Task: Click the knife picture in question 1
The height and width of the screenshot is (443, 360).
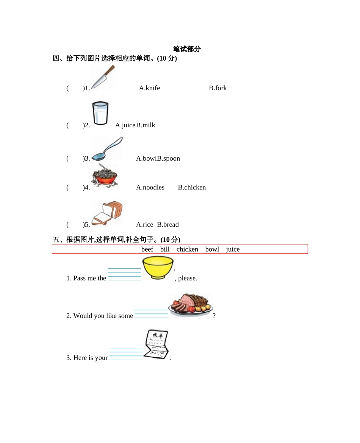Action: point(103,78)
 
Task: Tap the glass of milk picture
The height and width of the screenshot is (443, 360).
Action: point(100,113)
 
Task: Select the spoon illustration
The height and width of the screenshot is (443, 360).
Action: point(107,149)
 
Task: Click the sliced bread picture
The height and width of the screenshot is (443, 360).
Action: point(107,213)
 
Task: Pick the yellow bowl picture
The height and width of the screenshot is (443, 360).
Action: point(158,268)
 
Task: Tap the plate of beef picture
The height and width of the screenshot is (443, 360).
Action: point(190,304)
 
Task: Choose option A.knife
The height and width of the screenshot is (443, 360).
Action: point(149,88)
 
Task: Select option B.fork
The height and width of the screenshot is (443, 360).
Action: point(218,88)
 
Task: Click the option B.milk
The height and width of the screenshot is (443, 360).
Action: point(146,125)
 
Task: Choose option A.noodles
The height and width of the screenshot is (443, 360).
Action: point(150,188)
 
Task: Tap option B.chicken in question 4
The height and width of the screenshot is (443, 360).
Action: point(192,188)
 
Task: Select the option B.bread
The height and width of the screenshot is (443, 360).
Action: point(168,225)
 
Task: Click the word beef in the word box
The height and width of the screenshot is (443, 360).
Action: point(147,249)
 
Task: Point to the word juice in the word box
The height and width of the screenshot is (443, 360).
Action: point(233,249)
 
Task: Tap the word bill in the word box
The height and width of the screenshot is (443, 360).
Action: point(165,249)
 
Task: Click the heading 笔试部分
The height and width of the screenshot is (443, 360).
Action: point(187,49)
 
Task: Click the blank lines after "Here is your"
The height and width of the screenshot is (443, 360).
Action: point(126,354)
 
